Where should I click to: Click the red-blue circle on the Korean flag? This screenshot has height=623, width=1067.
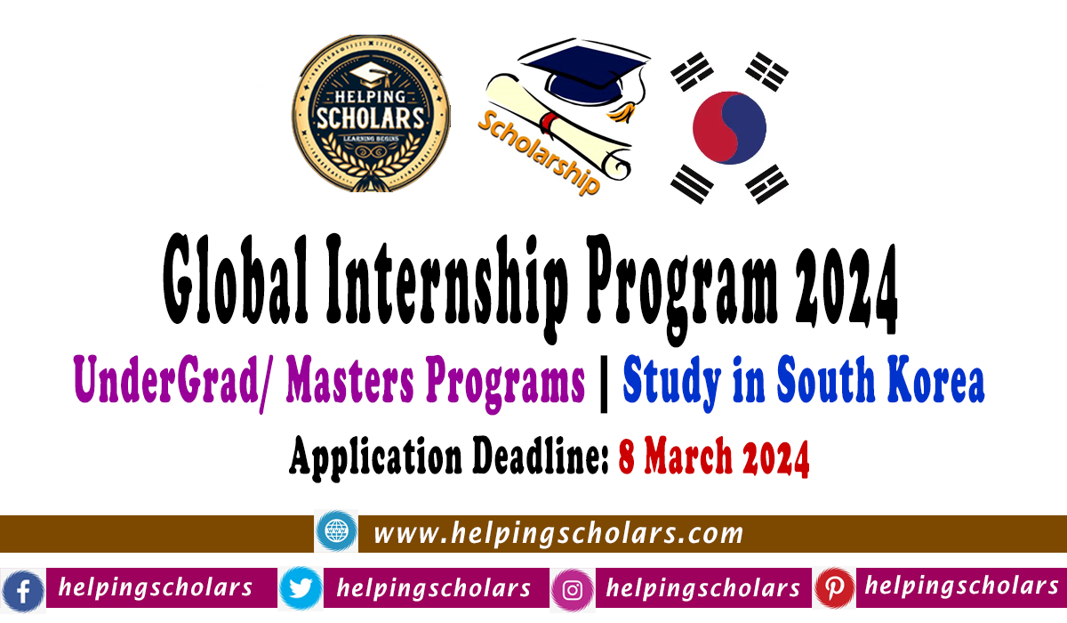(729, 127)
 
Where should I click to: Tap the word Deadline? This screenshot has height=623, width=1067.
(533, 458)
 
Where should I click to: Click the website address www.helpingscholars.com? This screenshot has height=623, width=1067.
(558, 533)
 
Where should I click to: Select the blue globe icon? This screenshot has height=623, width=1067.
(336, 532)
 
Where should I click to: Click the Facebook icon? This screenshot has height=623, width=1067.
(22, 590)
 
